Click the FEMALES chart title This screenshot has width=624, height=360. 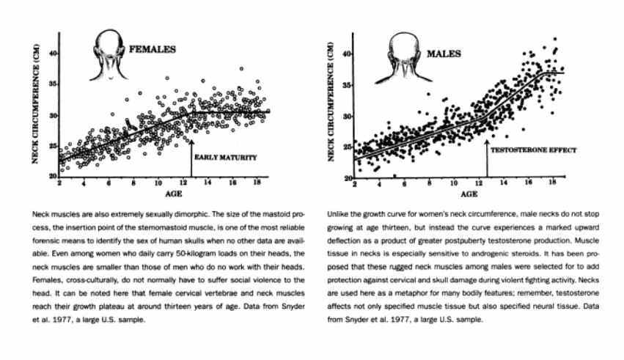[x=153, y=50]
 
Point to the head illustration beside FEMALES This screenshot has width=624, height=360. [x=107, y=56]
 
